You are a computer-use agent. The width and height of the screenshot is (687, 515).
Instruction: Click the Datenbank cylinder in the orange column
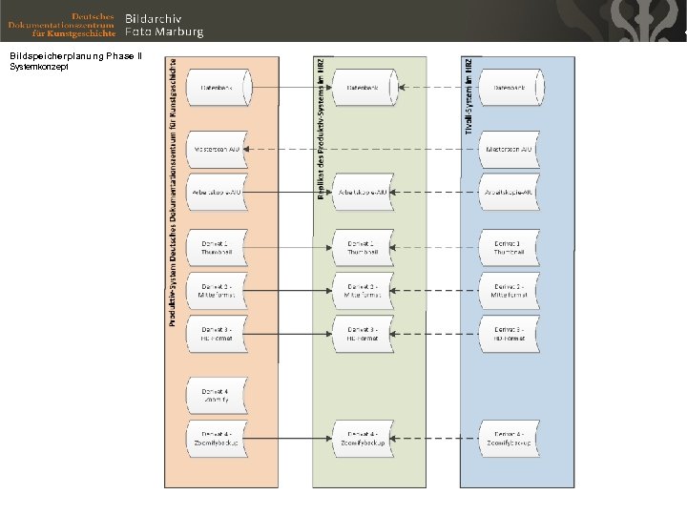[217, 87]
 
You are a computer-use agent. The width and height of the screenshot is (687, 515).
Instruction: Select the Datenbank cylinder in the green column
[363, 87]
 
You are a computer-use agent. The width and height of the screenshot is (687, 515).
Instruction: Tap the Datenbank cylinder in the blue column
[509, 87]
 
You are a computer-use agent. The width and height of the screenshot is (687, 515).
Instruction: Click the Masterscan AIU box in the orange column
[217, 150]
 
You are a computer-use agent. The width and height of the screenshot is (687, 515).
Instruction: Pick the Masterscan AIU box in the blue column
[509, 150]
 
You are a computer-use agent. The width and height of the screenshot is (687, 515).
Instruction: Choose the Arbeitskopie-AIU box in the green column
[363, 192]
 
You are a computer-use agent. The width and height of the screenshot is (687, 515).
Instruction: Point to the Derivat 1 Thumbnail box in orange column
[217, 248]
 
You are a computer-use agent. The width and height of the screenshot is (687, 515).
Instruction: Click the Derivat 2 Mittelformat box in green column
[363, 291]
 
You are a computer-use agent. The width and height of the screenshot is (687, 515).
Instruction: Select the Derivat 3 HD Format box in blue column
[509, 334]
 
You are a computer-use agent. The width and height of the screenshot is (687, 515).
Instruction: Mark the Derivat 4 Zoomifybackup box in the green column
[363, 439]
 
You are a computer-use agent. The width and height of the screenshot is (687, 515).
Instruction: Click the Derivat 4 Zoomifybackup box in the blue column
[509, 439]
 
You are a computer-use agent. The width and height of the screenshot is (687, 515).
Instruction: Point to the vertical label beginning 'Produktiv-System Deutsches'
[173, 191]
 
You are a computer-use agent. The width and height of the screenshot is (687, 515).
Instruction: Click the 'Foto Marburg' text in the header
[164, 31]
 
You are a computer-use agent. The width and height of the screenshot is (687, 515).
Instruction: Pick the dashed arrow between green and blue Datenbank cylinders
[435, 88]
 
